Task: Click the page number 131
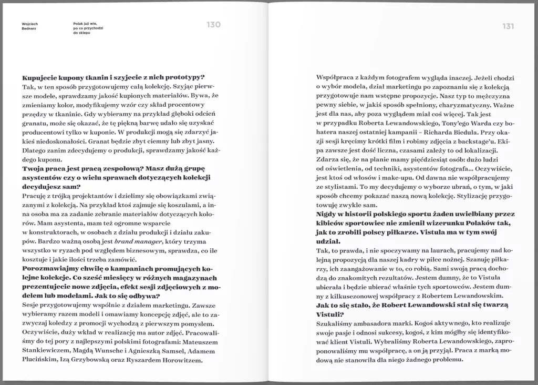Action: (x=508, y=26)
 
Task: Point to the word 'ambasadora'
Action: (x=374, y=325)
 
